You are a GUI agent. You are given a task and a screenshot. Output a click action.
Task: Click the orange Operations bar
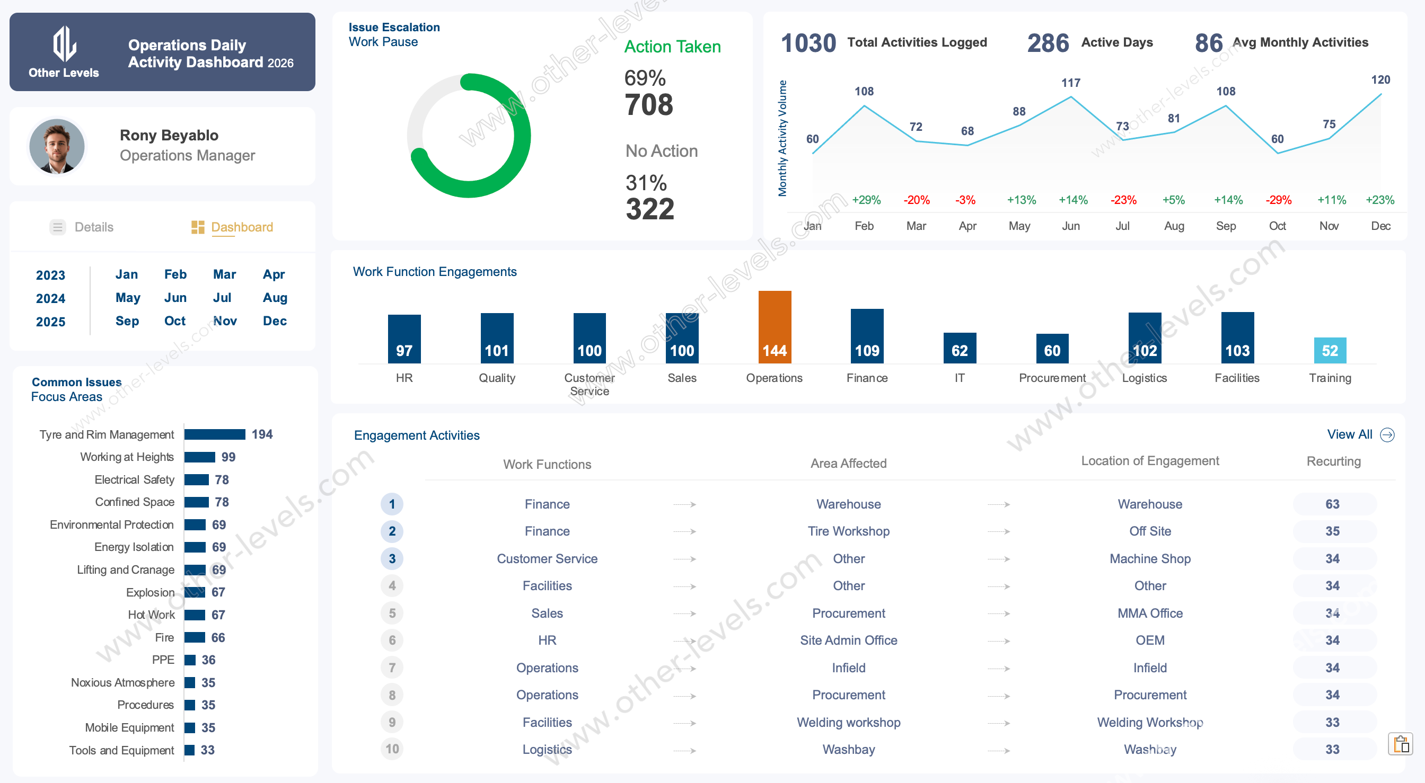(x=775, y=327)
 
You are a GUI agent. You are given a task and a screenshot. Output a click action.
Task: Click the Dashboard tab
(x=241, y=227)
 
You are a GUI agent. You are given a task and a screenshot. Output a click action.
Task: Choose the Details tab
(x=93, y=227)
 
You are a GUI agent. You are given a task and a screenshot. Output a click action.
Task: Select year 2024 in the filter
(x=50, y=299)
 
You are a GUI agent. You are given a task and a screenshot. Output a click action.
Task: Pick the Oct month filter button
(x=175, y=321)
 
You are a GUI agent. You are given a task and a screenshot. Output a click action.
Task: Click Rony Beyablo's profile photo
(x=56, y=146)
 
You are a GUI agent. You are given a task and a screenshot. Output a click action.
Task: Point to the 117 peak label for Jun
(x=1070, y=83)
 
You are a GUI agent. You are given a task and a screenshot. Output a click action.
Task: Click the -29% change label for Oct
(x=1278, y=200)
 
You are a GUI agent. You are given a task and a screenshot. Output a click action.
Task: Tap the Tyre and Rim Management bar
(x=215, y=434)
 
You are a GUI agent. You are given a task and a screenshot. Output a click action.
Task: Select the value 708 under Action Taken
(x=648, y=105)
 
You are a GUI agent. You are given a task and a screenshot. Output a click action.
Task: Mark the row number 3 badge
(x=392, y=558)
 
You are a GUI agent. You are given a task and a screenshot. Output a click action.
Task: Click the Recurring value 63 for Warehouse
(x=1332, y=504)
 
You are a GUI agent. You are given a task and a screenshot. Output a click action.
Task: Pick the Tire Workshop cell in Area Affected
(x=848, y=531)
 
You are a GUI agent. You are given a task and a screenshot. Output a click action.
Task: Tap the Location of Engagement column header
(x=1149, y=461)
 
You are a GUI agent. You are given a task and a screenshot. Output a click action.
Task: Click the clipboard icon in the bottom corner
(x=1400, y=744)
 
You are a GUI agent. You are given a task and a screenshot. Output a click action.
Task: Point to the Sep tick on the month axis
(x=1225, y=226)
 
